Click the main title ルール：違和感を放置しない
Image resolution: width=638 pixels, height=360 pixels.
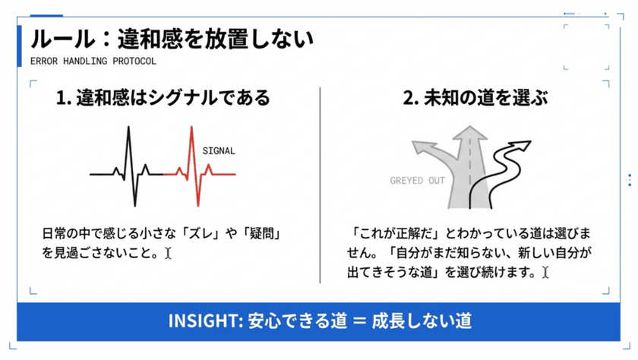[x=172, y=39]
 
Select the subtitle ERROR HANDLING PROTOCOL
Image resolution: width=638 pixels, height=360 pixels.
[x=93, y=62]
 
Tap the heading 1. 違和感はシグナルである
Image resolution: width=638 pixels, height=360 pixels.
[x=163, y=98]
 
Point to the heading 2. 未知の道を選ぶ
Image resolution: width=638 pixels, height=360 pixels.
[x=475, y=98]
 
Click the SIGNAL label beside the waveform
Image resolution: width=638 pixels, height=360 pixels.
[x=219, y=151]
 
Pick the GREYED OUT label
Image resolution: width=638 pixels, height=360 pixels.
[x=418, y=181]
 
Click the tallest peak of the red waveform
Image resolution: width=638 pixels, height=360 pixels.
[x=191, y=128]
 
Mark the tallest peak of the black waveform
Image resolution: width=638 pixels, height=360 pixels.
[x=128, y=128]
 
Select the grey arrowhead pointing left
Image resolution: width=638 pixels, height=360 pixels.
[x=422, y=147]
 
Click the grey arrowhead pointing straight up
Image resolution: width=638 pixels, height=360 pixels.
[x=470, y=133]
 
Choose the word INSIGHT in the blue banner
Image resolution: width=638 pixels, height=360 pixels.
[x=206, y=321]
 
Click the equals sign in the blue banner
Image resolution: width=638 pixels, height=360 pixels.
[x=360, y=321]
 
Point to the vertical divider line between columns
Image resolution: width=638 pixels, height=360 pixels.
[x=321, y=185]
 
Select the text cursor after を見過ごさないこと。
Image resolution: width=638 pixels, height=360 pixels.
[x=168, y=254]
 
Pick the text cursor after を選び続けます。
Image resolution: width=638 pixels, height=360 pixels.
[x=545, y=272]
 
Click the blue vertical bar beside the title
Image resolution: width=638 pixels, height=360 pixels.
[x=19, y=46]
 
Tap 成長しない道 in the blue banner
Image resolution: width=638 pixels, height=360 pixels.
[x=422, y=321]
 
